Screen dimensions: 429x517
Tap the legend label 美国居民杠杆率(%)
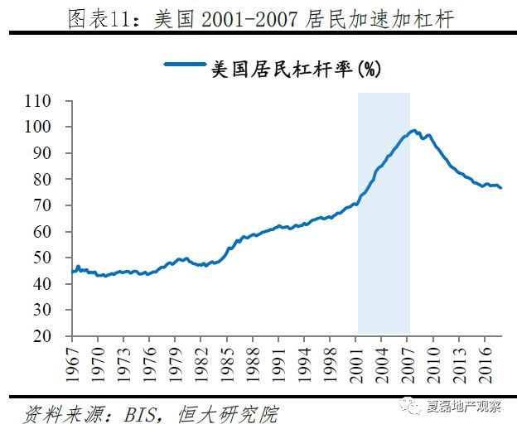pos(296,70)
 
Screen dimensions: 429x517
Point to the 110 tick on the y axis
pos(61,101)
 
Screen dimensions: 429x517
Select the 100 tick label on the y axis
pos(61,128)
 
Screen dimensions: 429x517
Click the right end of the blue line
pos(500,188)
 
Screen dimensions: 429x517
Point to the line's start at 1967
pos(74,271)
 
